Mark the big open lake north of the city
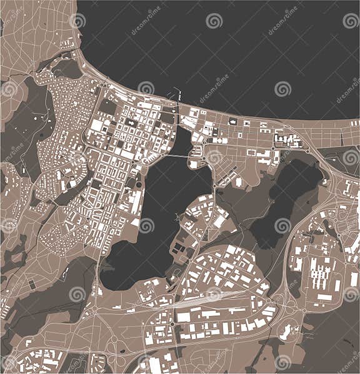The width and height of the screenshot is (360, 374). tap(219, 50)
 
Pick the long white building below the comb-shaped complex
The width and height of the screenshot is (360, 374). tap(324, 297)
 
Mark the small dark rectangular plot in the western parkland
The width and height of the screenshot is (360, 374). tap(32, 284)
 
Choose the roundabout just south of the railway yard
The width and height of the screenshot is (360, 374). tap(172, 324)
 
